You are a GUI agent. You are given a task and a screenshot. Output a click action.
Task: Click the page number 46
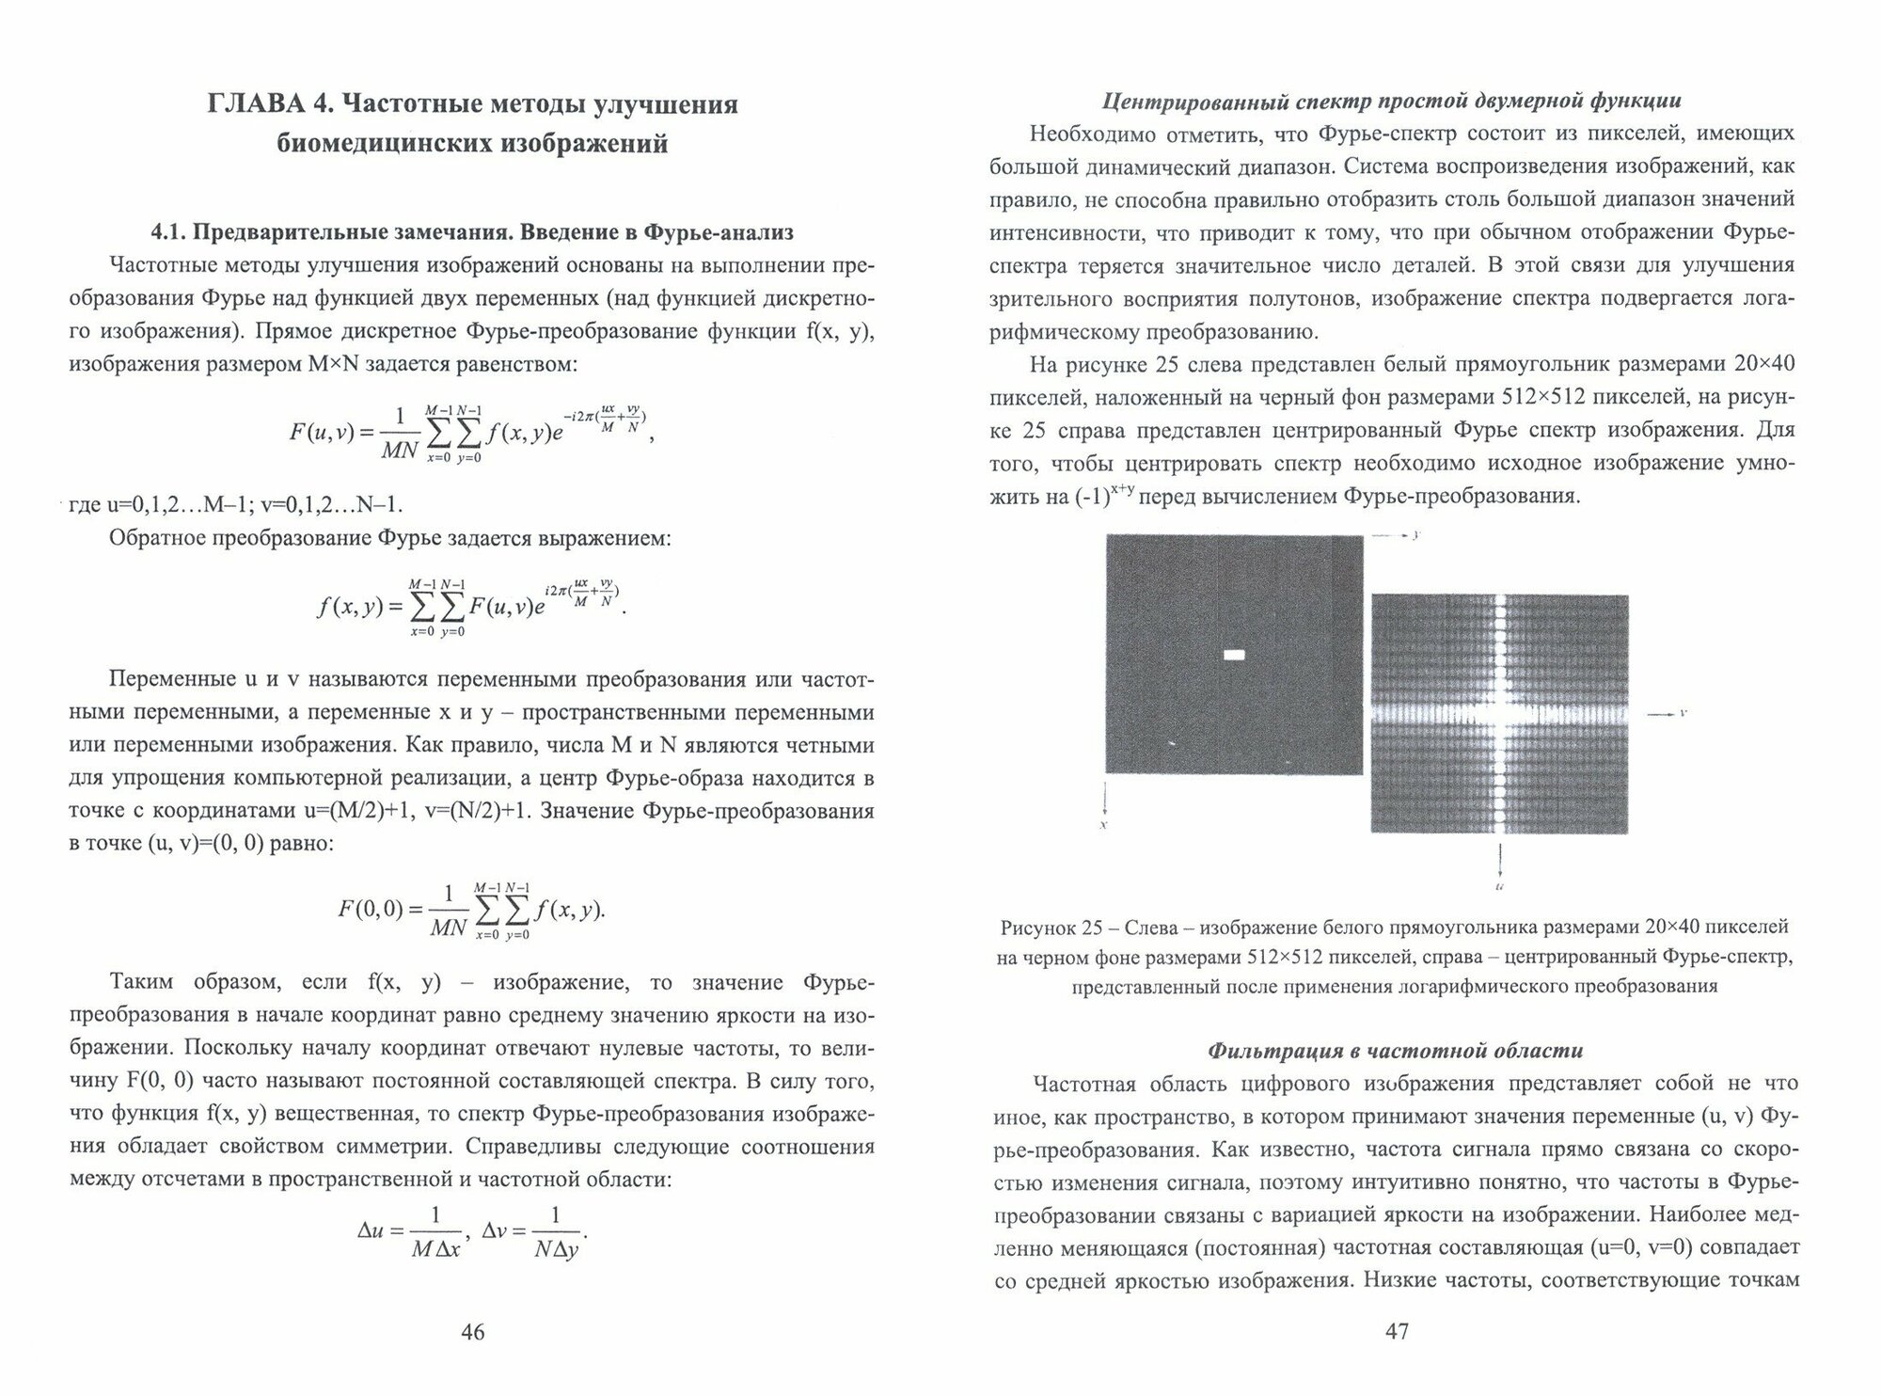472,1332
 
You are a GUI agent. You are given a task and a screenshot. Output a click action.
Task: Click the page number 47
1397,1331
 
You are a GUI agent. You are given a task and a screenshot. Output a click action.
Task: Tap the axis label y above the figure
1415,534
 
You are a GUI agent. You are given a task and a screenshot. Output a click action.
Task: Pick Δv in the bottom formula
498,1229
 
